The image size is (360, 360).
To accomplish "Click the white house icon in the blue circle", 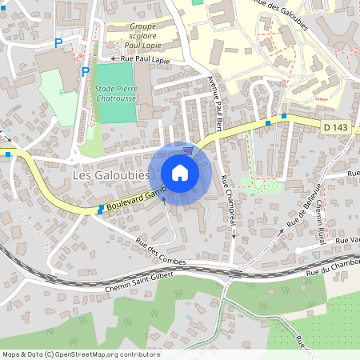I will pyautogui.click(x=180, y=173).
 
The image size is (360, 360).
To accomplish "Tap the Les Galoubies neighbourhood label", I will pyautogui.click(x=111, y=174).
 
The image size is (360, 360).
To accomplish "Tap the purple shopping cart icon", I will pyautogui.click(x=188, y=150).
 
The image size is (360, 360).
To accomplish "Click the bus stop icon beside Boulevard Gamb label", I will pyautogui.click(x=100, y=210).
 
